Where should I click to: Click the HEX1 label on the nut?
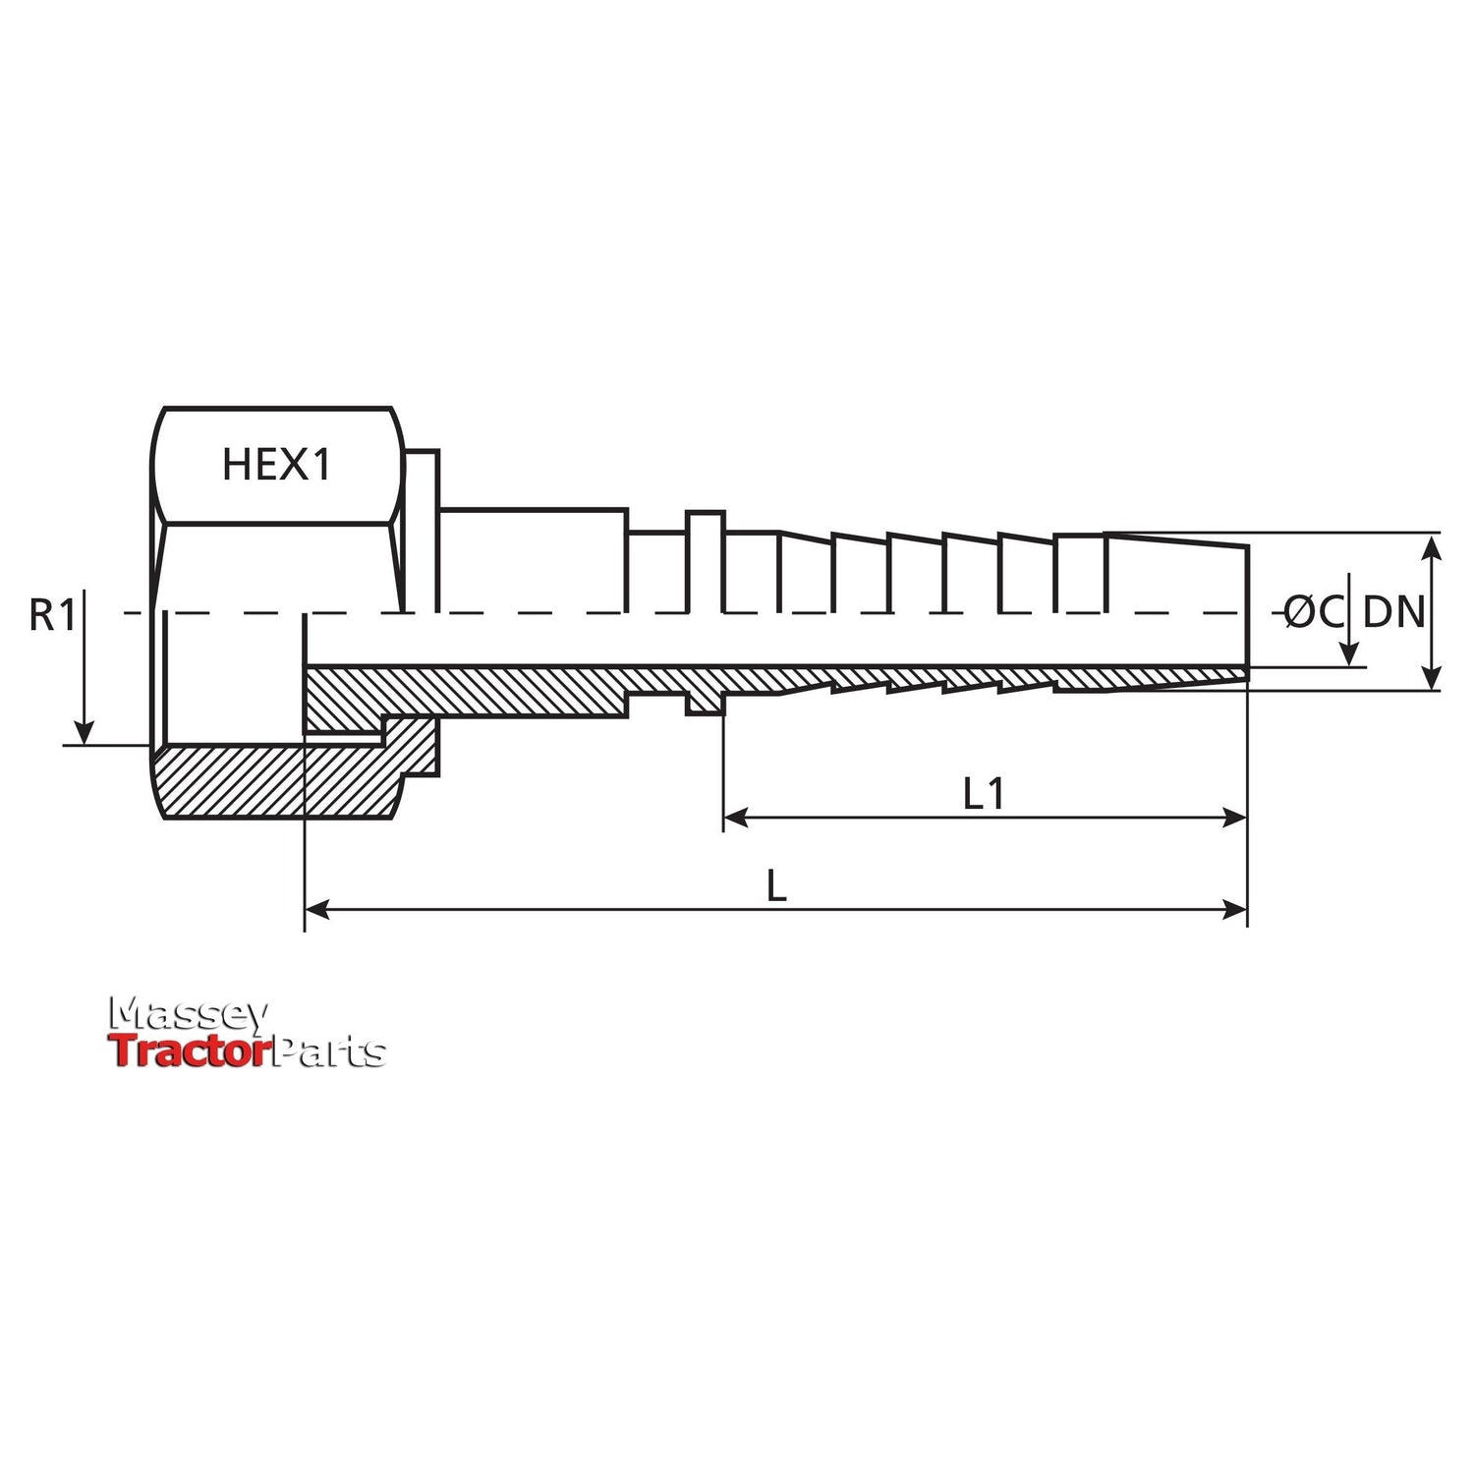pyautogui.click(x=276, y=465)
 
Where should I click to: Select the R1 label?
pyautogui.click(x=52, y=616)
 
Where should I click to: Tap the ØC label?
pyautogui.click(x=1314, y=613)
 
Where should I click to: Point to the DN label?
pyautogui.click(x=1393, y=612)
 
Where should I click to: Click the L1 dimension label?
pyautogui.click(x=984, y=794)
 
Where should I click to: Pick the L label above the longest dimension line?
pyautogui.click(x=776, y=887)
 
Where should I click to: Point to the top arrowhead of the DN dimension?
pyautogui.click(x=1433, y=544)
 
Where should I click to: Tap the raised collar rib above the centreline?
pyautogui.click(x=705, y=560)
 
